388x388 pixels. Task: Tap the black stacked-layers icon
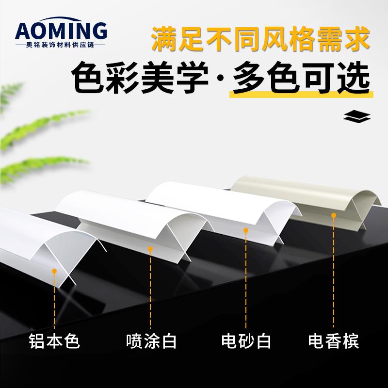356,117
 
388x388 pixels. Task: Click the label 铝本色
54,341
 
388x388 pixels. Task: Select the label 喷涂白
151,341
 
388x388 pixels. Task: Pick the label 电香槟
334,341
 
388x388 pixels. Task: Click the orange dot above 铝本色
54,271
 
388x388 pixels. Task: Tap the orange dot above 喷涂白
151,249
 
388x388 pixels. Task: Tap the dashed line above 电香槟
334,272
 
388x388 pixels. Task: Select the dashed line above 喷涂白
151,291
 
